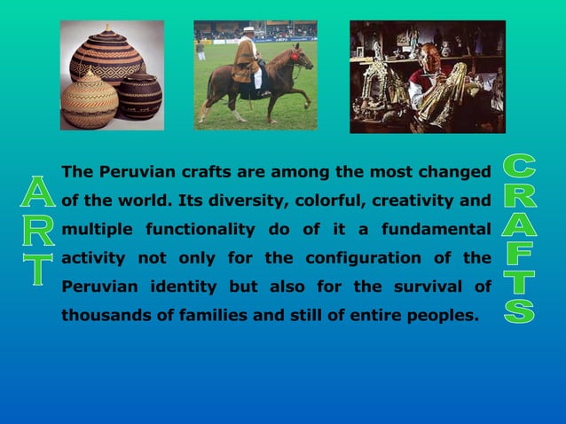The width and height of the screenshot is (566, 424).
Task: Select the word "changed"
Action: (457, 171)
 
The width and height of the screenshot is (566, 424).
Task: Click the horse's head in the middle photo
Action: (303, 59)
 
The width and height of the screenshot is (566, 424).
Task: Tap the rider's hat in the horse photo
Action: (248, 32)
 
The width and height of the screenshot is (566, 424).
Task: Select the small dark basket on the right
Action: (141, 96)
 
